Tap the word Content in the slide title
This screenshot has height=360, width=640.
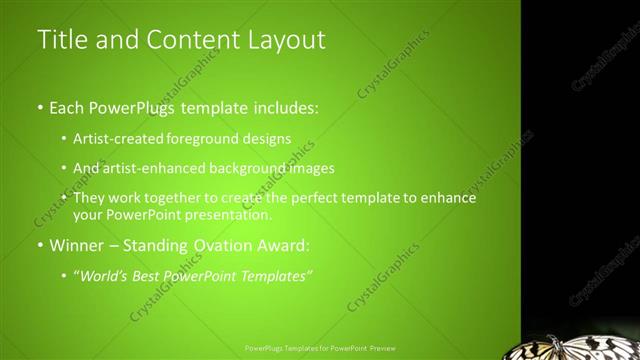coord(184,40)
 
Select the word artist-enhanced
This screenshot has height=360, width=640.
coord(153,168)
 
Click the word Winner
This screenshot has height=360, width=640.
coord(77,245)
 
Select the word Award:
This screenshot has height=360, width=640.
coord(283,245)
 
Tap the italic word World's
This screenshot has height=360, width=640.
coord(103,275)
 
